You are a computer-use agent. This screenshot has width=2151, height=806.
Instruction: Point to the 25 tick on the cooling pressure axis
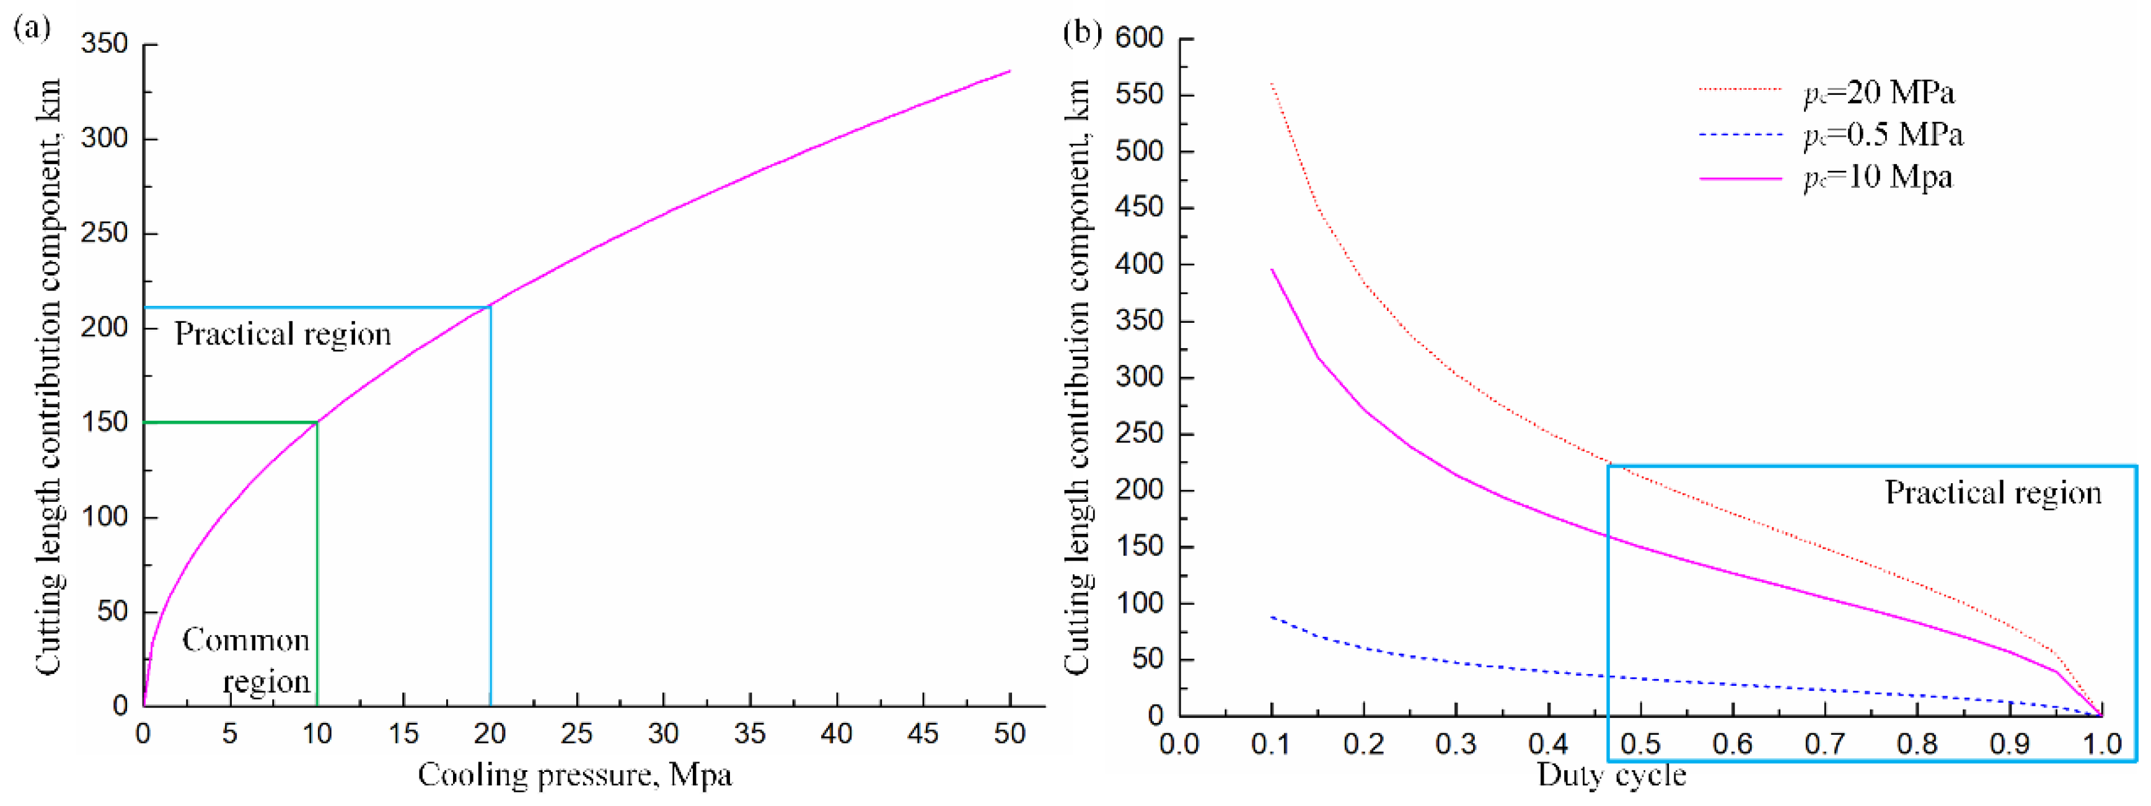(x=577, y=734)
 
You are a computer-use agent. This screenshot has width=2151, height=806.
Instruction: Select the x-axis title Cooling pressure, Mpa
(x=574, y=775)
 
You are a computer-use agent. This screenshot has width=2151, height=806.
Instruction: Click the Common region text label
(x=246, y=661)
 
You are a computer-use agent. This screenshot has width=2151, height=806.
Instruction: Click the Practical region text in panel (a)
(x=282, y=334)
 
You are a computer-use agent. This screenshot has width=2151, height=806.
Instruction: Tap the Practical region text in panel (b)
(x=1992, y=493)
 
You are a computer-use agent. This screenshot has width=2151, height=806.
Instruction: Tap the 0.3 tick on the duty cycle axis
(x=1456, y=743)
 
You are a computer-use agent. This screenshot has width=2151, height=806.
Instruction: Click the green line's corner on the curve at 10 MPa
(x=317, y=422)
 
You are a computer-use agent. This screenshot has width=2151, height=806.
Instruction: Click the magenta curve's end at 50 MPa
(x=1010, y=71)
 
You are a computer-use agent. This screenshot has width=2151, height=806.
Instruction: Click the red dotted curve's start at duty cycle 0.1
(x=1272, y=84)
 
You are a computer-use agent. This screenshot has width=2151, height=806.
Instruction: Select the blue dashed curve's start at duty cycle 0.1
(x=1272, y=616)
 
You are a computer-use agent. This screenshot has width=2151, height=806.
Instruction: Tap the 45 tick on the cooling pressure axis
(x=923, y=734)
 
